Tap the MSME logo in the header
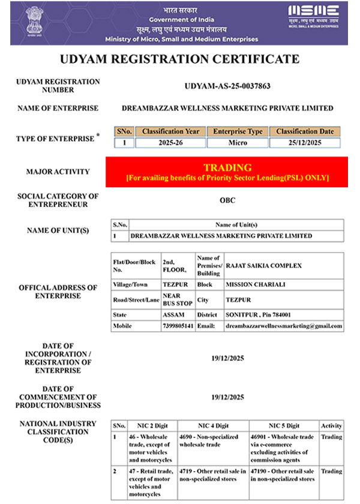[x=313, y=17]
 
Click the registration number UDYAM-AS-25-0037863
[x=227, y=86]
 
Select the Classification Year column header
[x=170, y=131]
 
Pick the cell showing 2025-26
[x=170, y=143]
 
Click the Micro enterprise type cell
[x=238, y=143]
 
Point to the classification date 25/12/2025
[x=305, y=143]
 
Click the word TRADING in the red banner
[x=227, y=167]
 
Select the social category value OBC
[x=227, y=200]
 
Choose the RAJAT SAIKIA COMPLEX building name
[x=263, y=266]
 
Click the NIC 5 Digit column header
[x=283, y=425]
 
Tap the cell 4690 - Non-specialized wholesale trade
[x=212, y=440]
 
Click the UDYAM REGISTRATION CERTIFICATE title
[x=179, y=59]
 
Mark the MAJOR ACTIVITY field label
[x=58, y=172]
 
